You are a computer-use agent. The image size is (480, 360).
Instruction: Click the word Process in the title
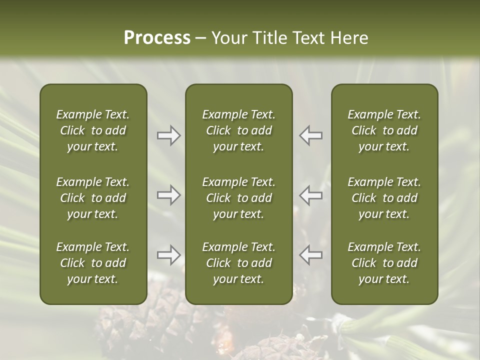click(x=157, y=38)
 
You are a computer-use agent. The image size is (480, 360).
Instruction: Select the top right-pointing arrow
click(x=168, y=135)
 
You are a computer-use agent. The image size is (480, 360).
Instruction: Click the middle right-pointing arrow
click(x=168, y=195)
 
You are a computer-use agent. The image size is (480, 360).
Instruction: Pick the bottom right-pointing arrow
click(x=168, y=255)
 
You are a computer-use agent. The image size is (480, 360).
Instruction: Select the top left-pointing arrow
click(x=311, y=135)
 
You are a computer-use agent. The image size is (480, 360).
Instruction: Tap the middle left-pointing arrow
click(x=311, y=195)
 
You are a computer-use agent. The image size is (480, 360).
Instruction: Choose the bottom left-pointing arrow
click(x=311, y=255)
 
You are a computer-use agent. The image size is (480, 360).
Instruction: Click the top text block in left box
click(x=93, y=130)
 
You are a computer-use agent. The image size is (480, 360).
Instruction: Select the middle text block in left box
click(x=93, y=198)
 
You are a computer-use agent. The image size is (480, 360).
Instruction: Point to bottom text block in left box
click(x=93, y=263)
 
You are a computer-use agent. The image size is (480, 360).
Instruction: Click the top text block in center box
click(x=238, y=130)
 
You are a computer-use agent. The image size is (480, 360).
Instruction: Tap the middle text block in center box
click(x=238, y=198)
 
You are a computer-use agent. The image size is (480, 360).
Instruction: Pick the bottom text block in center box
click(x=238, y=263)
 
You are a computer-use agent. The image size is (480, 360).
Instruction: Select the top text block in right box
click(x=384, y=130)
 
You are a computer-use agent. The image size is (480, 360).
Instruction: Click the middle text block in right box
click(x=384, y=198)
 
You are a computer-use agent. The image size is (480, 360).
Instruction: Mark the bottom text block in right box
click(x=384, y=263)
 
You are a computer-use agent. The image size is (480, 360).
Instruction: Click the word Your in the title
click(x=227, y=38)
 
